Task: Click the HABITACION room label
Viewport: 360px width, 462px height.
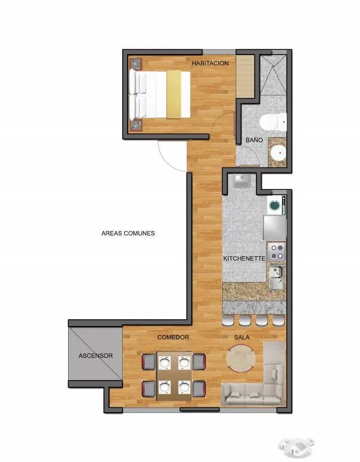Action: tap(210, 63)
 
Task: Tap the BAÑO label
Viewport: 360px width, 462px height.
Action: tap(254, 140)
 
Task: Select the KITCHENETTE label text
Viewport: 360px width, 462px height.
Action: tap(245, 259)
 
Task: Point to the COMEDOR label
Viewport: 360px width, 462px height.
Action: tap(173, 337)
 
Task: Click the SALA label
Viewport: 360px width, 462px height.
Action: tap(242, 337)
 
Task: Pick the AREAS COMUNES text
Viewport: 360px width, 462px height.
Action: tap(128, 233)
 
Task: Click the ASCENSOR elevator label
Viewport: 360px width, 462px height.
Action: tap(96, 356)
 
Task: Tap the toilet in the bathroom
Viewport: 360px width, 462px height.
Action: tap(273, 122)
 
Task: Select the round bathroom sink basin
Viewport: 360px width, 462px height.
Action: tap(278, 153)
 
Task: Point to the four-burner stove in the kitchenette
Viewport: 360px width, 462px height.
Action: tap(276, 252)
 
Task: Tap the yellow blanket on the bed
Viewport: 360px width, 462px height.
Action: tap(174, 94)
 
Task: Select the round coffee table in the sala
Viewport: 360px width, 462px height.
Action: tap(241, 358)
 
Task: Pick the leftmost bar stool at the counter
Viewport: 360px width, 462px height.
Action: tap(228, 320)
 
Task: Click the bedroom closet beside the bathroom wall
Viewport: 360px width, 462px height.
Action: tap(245, 75)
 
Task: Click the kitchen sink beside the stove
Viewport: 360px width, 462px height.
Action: tap(277, 278)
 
